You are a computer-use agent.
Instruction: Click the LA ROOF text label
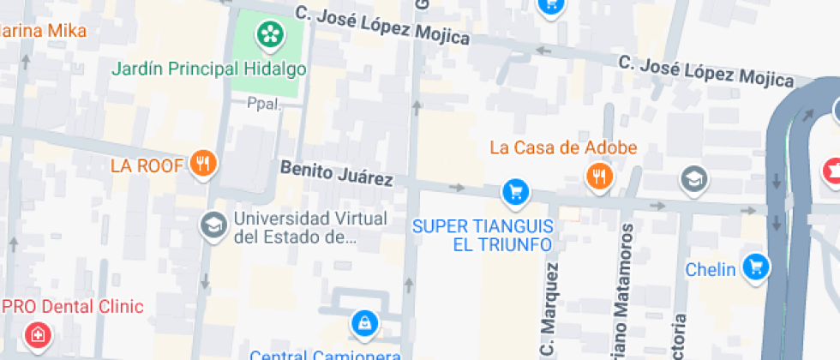[147, 165]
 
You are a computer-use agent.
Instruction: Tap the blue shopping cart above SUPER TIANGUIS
[514, 192]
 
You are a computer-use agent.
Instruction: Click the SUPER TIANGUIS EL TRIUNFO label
[483, 235]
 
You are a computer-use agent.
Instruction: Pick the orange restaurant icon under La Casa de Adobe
[598, 177]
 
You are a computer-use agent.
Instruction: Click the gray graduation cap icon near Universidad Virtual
[212, 227]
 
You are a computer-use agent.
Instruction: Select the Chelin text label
[711, 270]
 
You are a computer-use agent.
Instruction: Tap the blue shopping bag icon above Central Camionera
[364, 324]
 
